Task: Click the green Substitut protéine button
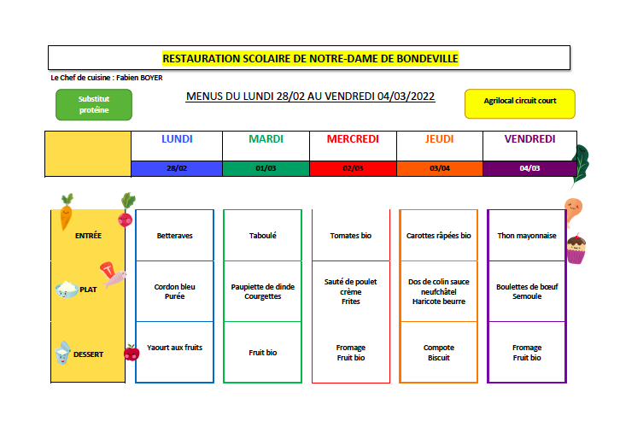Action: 94,104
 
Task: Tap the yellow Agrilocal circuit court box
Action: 519,103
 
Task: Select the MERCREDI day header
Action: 353,139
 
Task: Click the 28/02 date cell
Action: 177,168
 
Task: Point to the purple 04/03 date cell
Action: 529,168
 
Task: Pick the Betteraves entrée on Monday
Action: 174,236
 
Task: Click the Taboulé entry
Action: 262,236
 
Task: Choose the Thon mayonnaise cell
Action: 527,236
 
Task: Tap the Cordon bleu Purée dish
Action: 174,291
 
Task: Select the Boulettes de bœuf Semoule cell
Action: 527,291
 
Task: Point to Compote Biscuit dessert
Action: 438,352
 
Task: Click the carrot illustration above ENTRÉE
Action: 67,212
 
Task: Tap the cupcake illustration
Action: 576,249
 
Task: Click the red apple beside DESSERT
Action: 132,353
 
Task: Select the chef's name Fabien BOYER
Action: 139,78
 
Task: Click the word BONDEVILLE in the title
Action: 427,59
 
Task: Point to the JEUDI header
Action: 439,139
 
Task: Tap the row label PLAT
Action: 88,290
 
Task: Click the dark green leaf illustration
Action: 581,165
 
